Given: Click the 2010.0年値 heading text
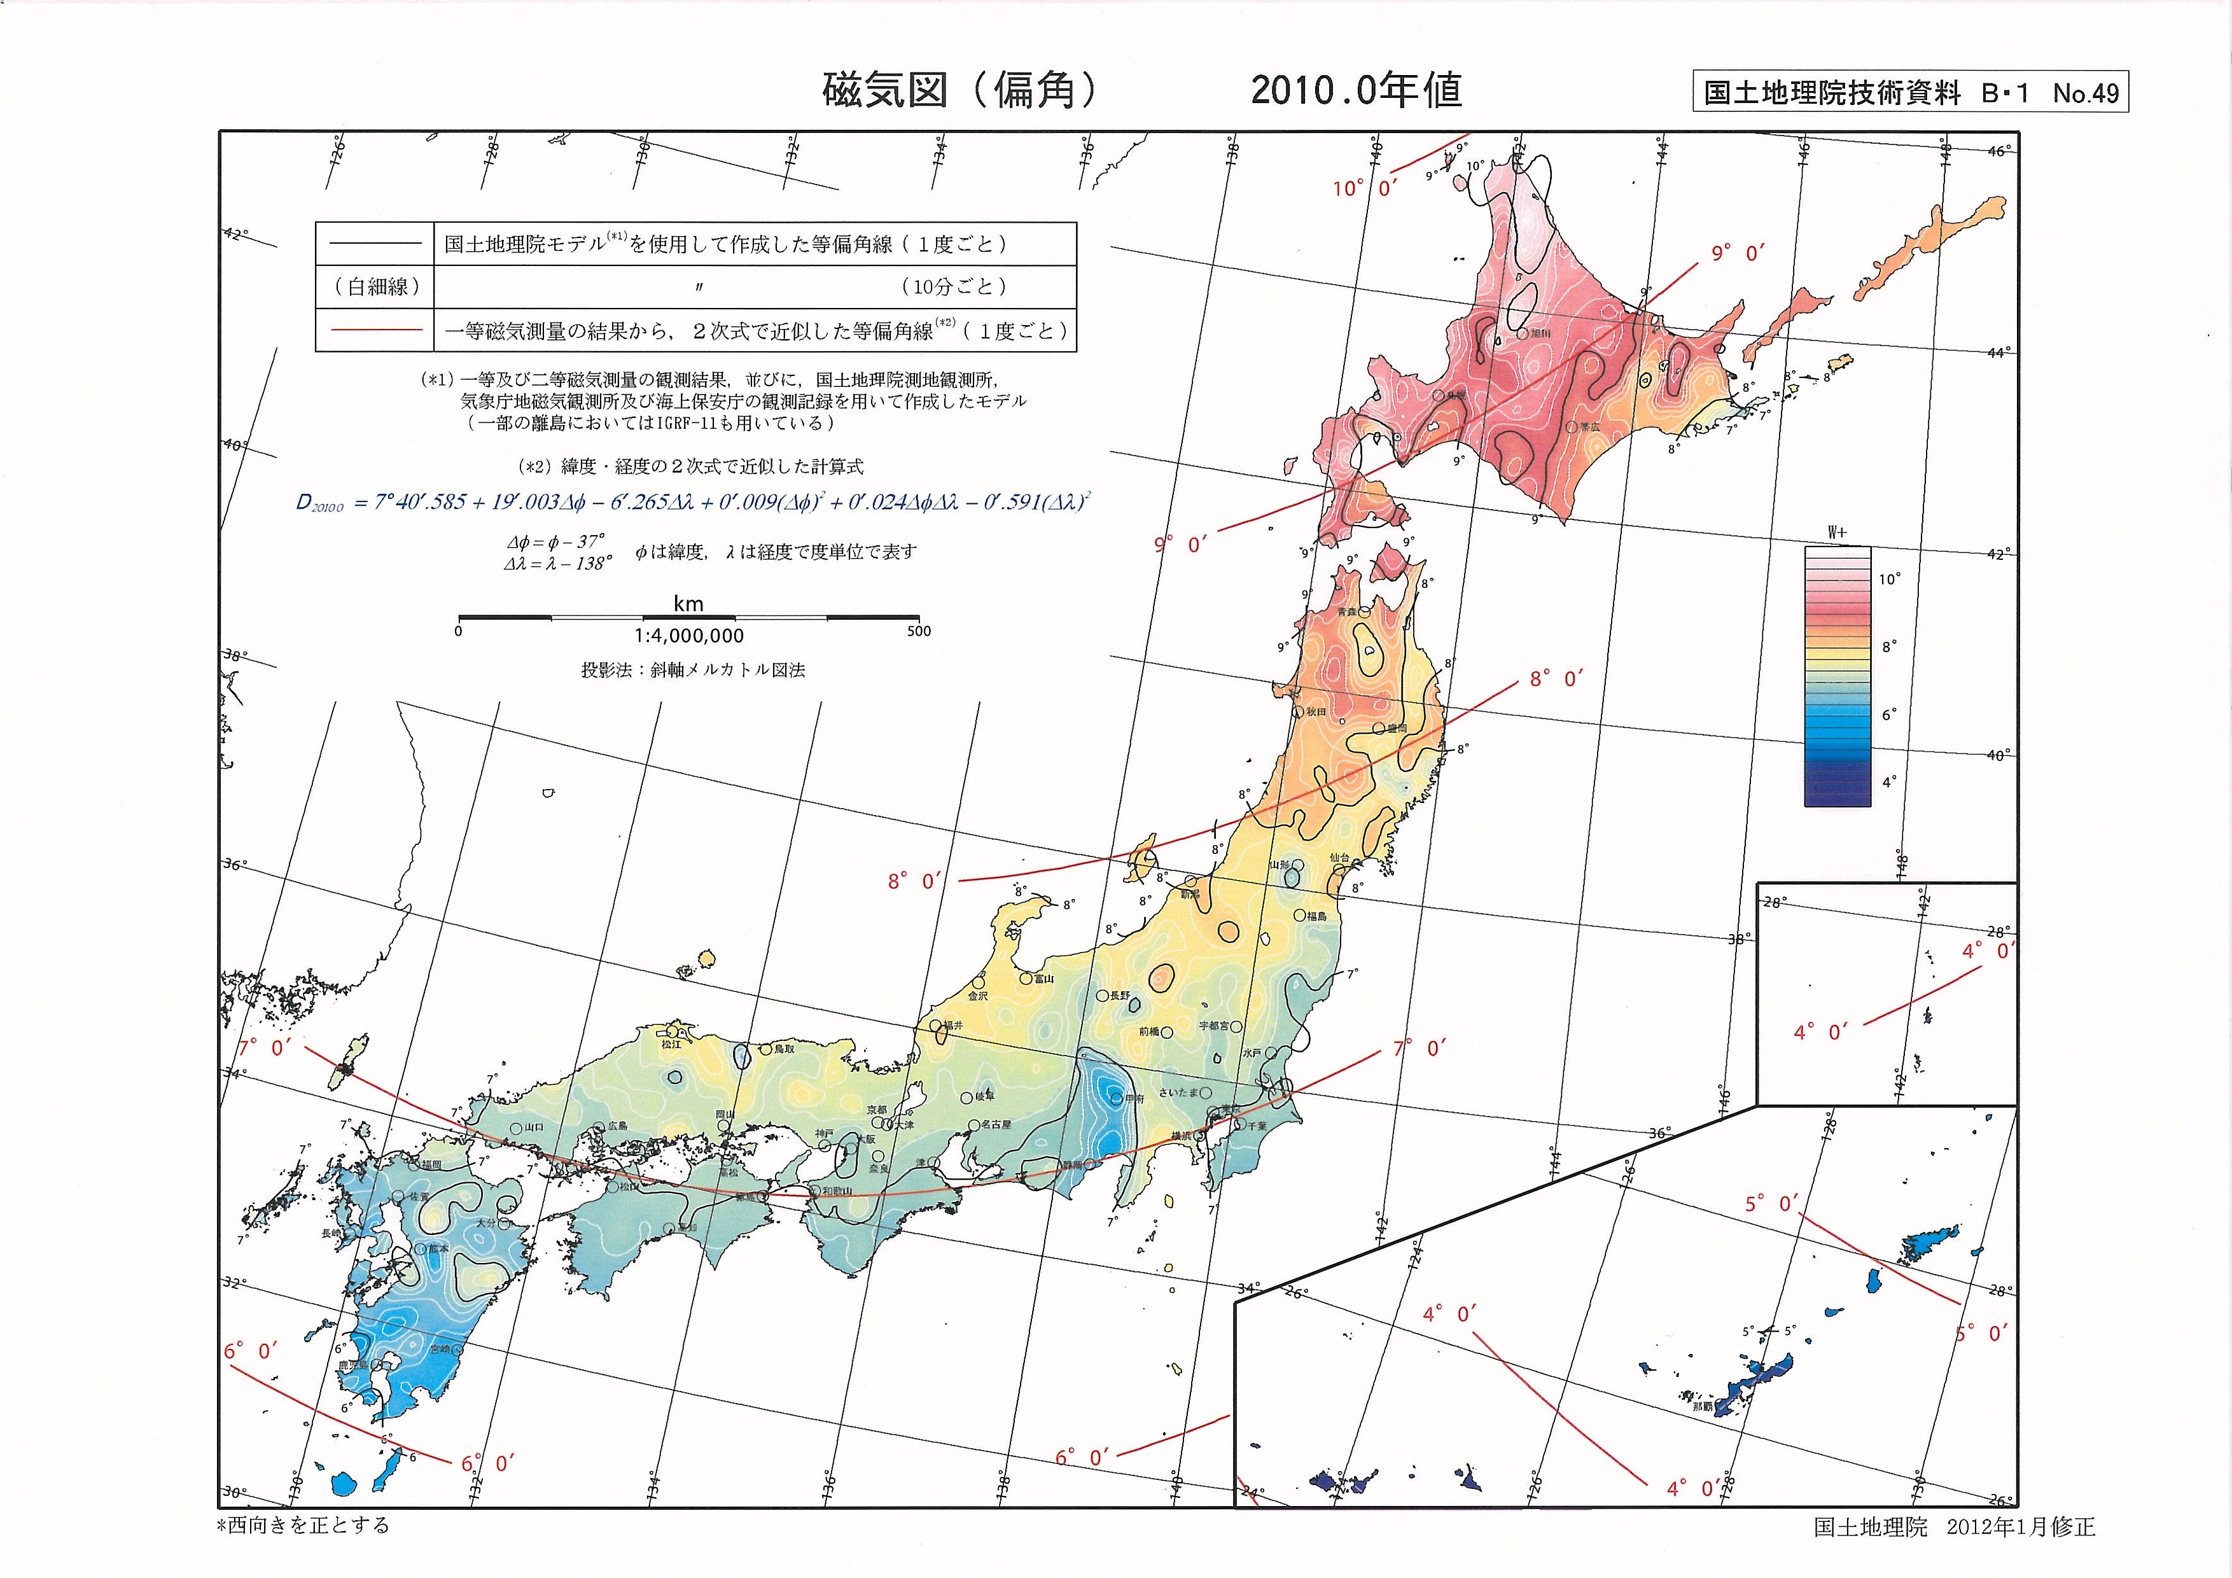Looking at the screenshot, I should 1356,90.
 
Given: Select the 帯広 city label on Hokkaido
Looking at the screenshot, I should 1589,427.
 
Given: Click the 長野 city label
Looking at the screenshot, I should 1120,996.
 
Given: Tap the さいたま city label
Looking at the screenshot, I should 1178,1092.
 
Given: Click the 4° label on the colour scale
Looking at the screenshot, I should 1889,782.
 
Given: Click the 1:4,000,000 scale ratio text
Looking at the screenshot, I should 688,636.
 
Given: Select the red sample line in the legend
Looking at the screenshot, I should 373,331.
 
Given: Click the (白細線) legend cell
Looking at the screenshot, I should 374,287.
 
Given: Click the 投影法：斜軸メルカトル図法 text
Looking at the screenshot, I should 692,670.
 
